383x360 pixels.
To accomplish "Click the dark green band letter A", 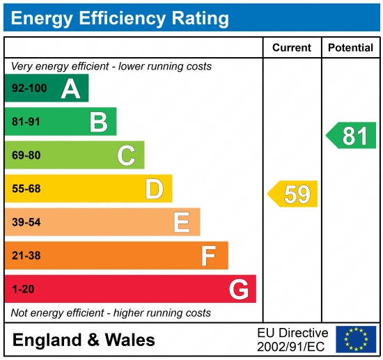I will click(70, 88).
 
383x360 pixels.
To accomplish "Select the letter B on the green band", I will click(98, 122).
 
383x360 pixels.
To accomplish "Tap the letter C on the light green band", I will click(126, 155).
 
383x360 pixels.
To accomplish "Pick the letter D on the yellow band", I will click(154, 189).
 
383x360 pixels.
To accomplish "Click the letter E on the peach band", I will click(181, 222).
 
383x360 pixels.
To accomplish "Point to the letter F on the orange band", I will click(208, 256).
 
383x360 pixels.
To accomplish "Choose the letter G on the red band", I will click(239, 289).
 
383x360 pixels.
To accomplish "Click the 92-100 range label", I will click(27, 88).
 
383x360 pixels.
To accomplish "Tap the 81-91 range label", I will click(25, 122).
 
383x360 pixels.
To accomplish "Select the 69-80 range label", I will click(25, 155).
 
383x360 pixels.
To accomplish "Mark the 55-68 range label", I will click(25, 189).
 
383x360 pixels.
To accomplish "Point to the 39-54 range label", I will click(25, 222).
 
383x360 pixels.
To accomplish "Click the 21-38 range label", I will click(25, 256).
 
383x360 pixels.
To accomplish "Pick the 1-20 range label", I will click(22, 289).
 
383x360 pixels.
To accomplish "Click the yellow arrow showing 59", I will click(293, 194).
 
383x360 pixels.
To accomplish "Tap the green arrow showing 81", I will click(352, 135).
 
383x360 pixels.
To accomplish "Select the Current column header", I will click(292, 48).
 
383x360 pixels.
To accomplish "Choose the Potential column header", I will click(350, 48).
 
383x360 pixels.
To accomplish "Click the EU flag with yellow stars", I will click(356, 339).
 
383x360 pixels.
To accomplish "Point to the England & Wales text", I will click(84, 340).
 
